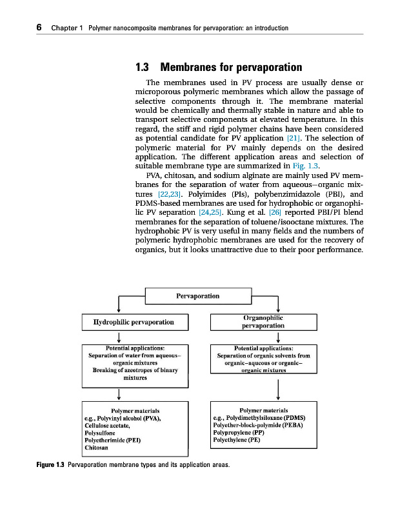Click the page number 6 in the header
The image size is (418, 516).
coord(39,27)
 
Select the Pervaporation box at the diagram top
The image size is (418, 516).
coord(197,296)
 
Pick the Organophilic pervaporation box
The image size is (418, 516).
coord(262,322)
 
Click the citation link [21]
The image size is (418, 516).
coord(294,138)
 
